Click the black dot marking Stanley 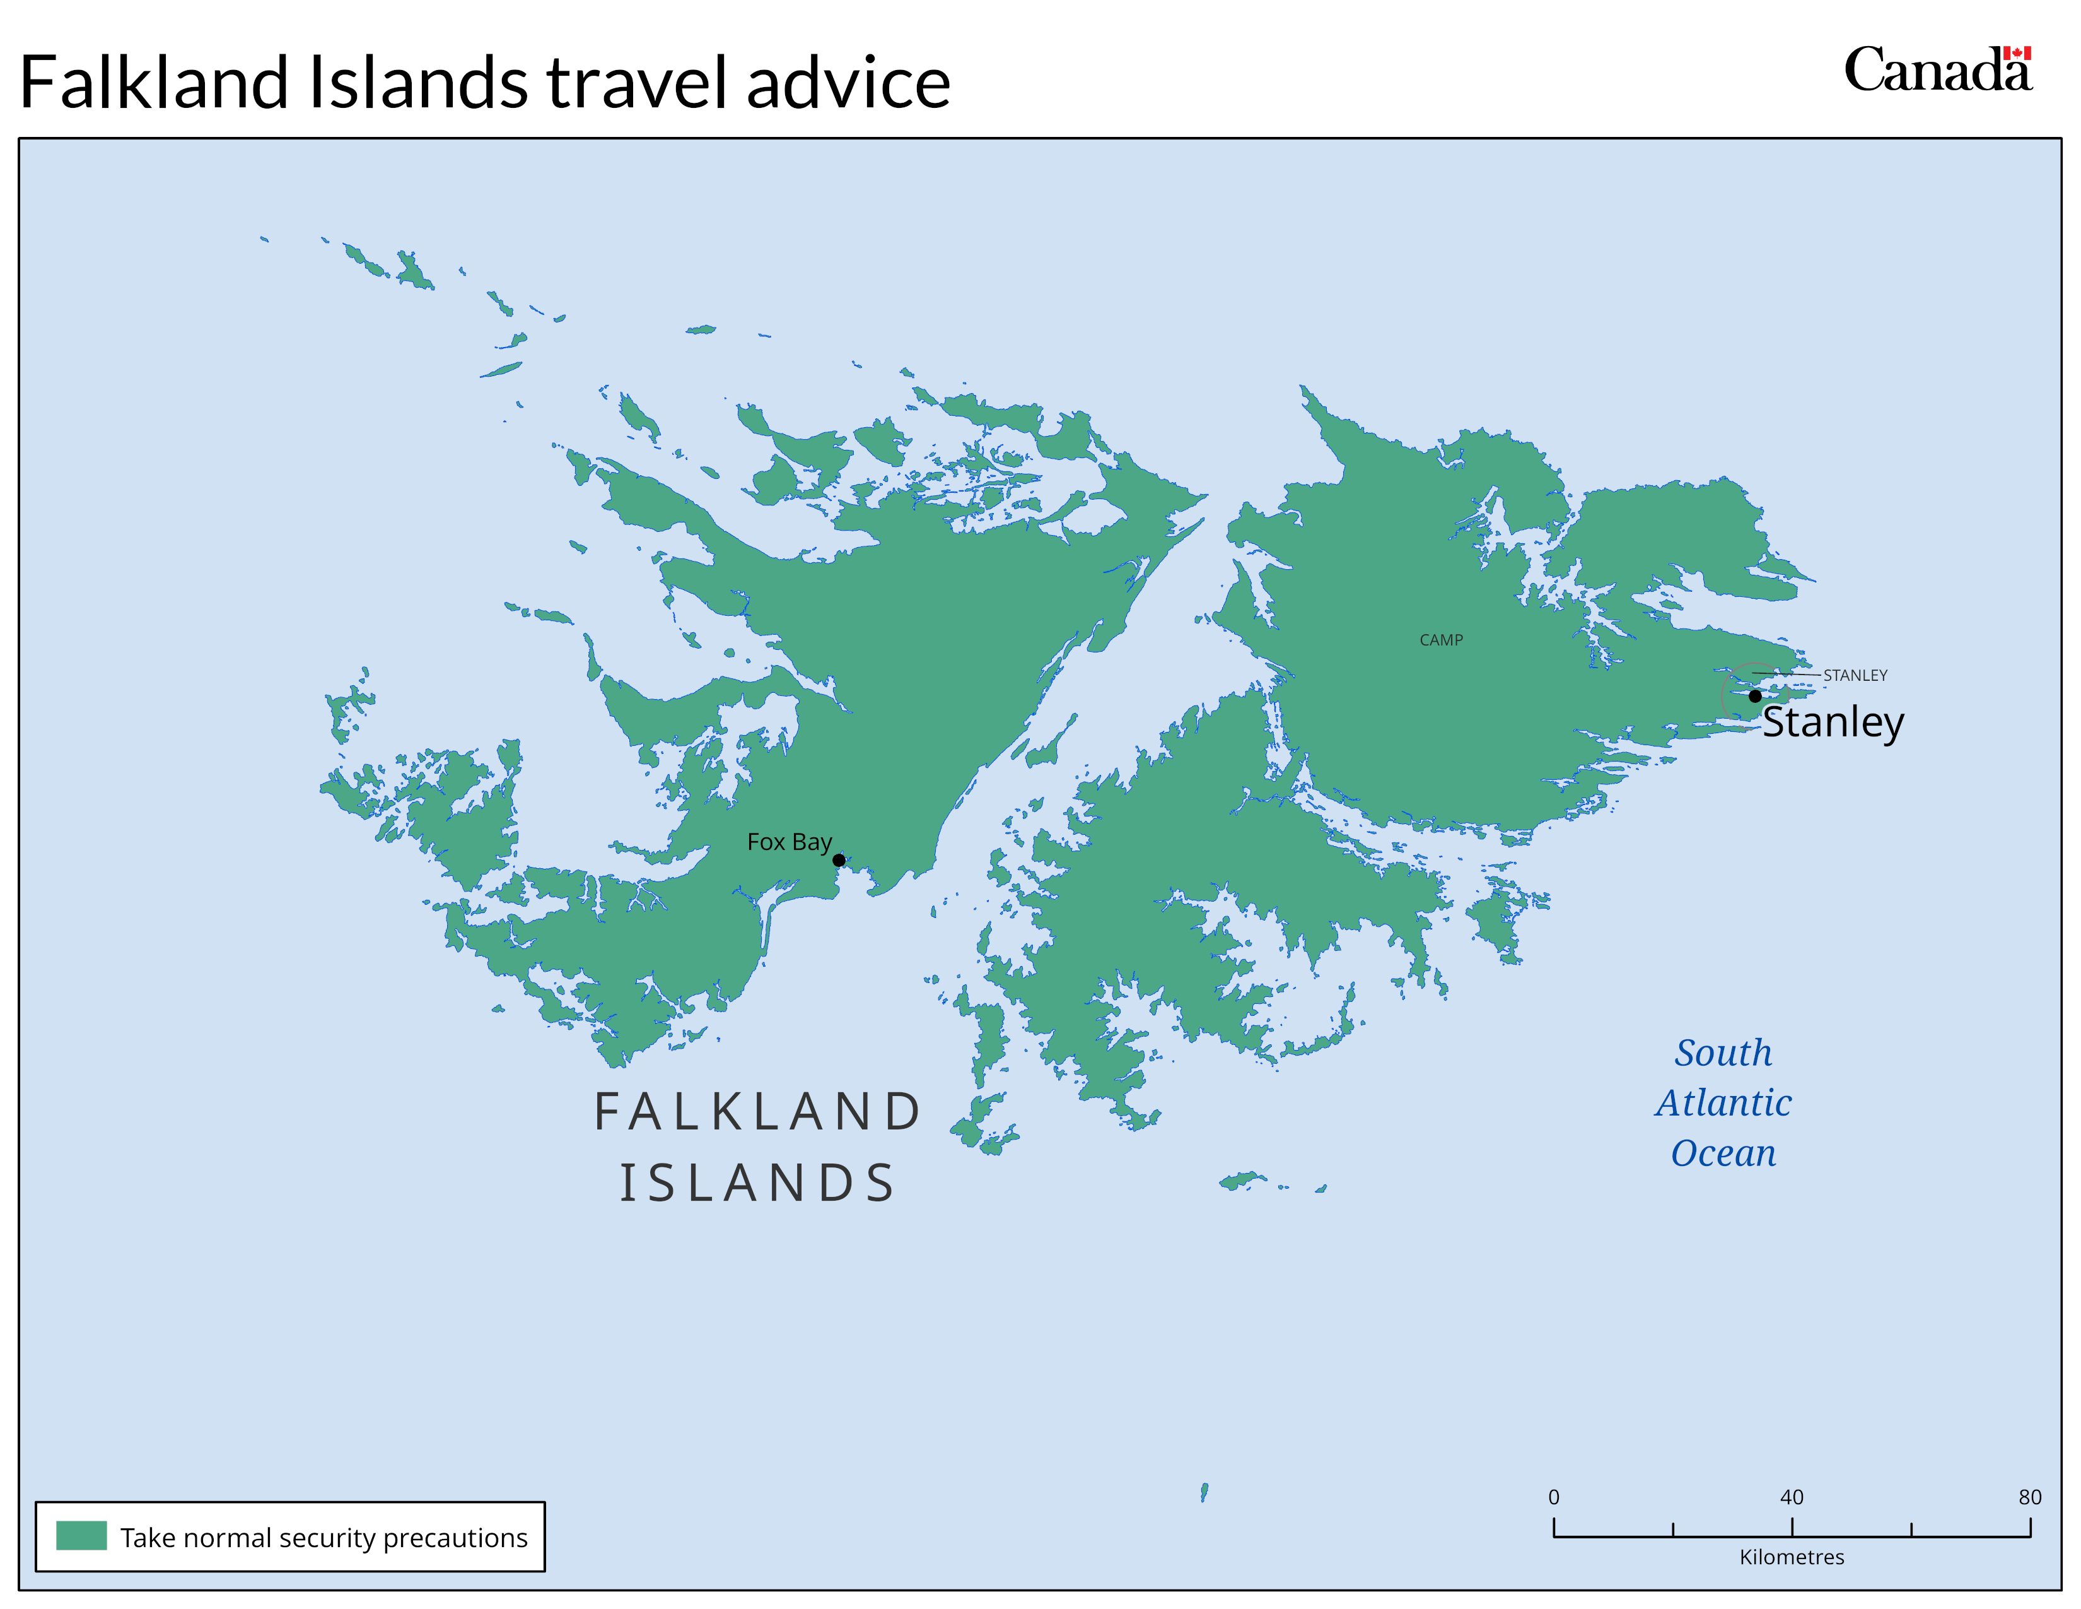point(1755,696)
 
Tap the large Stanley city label point(1833,722)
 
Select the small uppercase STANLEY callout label point(1855,675)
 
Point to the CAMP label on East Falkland point(1441,640)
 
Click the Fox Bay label point(789,842)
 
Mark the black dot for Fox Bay point(839,860)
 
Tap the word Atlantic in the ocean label point(1723,1103)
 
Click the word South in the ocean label point(1723,1053)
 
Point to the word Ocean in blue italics point(1723,1153)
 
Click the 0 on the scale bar point(1554,1497)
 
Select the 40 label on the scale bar point(1792,1497)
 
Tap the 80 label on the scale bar point(2029,1497)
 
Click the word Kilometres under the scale point(1792,1557)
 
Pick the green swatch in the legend point(81,1536)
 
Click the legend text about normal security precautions point(324,1538)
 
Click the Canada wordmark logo point(1934,71)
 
